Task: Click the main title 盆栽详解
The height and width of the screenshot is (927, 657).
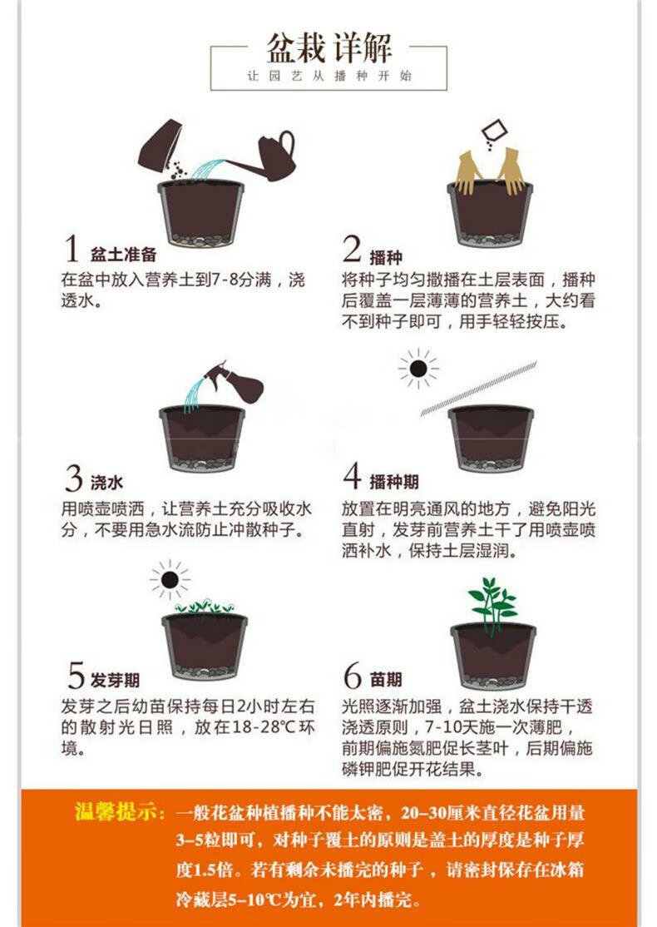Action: [328, 47]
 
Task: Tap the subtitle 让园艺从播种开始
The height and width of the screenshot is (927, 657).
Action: [328, 76]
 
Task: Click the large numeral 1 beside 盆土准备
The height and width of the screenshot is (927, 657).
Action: [73, 249]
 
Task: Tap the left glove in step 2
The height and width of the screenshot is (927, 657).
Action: [468, 173]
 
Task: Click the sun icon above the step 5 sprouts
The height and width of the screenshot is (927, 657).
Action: [170, 579]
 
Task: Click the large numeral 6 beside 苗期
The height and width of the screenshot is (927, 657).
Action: [353, 676]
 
